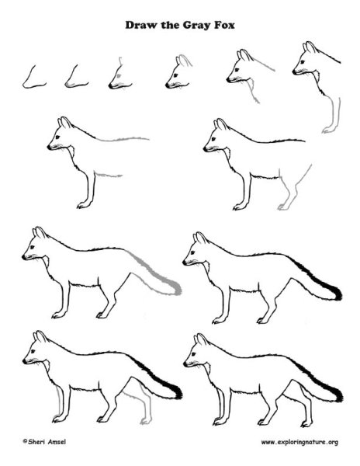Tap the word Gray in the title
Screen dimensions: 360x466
point(196,26)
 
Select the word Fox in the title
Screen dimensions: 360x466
point(224,25)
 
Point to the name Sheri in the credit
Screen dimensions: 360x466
point(37,442)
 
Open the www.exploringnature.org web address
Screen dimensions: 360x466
point(299,442)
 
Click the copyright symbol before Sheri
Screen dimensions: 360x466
point(25,441)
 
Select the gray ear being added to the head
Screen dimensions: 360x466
point(185,60)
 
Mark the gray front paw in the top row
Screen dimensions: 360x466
point(327,130)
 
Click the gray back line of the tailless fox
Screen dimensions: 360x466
point(123,139)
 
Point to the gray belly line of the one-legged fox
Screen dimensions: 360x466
point(109,175)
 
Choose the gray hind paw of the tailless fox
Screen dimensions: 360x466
point(282,207)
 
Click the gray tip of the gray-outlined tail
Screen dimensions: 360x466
point(178,288)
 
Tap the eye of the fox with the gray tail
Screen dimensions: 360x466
point(32,247)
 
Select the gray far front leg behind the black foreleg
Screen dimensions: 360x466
point(59,402)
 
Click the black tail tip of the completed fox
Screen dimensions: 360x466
point(338,395)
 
